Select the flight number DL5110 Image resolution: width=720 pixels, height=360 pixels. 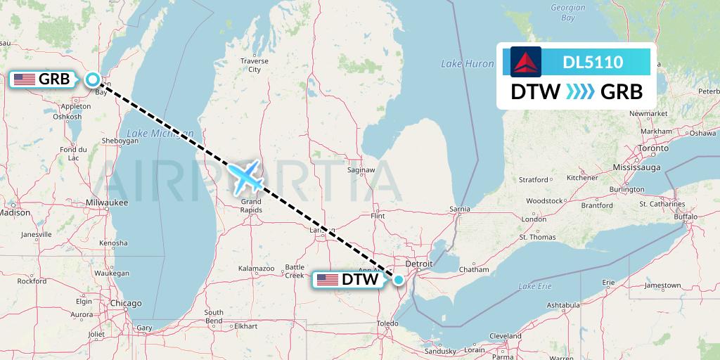pyautogui.click(x=593, y=62)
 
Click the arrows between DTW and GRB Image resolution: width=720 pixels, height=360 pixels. pyautogui.click(x=581, y=91)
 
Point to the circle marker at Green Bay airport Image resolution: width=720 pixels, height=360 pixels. pyautogui.click(x=92, y=79)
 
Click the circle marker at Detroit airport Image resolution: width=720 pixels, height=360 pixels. pyautogui.click(x=399, y=280)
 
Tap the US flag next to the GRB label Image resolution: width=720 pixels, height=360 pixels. pyautogui.click(x=25, y=79)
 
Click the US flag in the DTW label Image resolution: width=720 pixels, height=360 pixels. pyautogui.click(x=327, y=280)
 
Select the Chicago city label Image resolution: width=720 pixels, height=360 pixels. pyautogui.click(x=125, y=303)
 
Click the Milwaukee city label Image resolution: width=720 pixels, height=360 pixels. pyautogui.click(x=108, y=202)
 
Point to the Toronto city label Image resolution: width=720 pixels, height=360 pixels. pyautogui.click(x=653, y=149)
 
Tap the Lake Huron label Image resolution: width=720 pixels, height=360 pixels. pyautogui.click(x=468, y=64)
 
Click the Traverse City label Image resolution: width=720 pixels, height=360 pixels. pyautogui.click(x=254, y=65)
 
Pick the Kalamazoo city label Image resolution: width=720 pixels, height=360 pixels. pyautogui.click(x=256, y=269)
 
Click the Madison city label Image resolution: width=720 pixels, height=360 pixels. pyautogui.click(x=15, y=212)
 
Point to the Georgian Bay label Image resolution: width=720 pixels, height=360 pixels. pyautogui.click(x=568, y=13)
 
